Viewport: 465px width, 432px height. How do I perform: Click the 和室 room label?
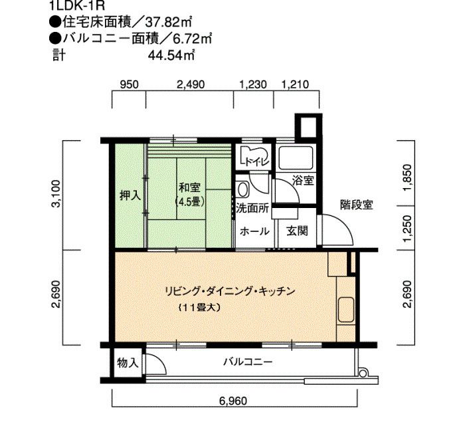[x=190, y=187]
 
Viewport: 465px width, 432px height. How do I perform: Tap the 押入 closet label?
[x=130, y=195]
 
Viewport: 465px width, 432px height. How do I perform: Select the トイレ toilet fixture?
[x=255, y=156]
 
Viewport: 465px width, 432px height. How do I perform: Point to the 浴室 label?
[x=303, y=180]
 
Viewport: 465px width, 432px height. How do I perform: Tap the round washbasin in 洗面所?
[x=243, y=189]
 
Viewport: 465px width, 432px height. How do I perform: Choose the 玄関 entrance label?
[x=297, y=231]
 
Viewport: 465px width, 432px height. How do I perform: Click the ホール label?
[x=254, y=231]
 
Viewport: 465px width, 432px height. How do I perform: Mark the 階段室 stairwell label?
[x=356, y=205]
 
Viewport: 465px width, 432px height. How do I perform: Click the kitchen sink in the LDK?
[x=346, y=310]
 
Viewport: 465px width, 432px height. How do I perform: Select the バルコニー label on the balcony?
[x=248, y=362]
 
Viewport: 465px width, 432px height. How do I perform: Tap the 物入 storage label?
[x=128, y=363]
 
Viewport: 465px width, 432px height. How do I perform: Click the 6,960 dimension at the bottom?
[x=233, y=401]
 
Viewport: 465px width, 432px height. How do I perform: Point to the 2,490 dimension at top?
[x=191, y=84]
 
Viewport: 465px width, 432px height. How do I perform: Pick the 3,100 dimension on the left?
[x=56, y=194]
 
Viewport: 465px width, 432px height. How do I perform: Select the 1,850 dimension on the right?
[x=408, y=178]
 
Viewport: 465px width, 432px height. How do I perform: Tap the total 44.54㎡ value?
[x=171, y=55]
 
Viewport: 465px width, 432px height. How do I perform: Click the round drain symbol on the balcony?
[x=362, y=374]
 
